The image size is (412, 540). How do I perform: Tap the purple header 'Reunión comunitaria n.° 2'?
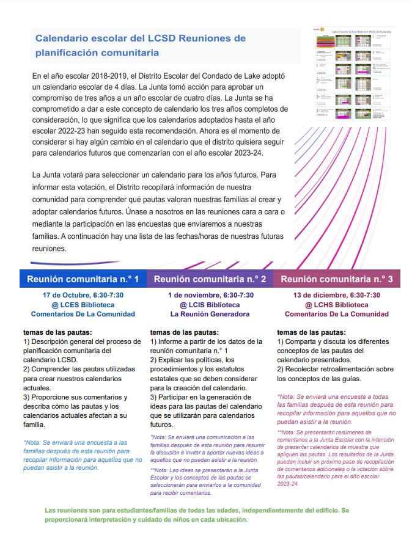pos(210,279)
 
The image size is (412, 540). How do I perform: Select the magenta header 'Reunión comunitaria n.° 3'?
pos(336,279)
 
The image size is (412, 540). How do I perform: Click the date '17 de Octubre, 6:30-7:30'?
pos(83,295)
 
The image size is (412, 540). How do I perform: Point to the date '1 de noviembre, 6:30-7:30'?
pos(210,295)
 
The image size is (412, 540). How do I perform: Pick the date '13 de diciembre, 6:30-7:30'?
pos(336,295)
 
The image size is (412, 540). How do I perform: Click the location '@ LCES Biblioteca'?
pos(83,304)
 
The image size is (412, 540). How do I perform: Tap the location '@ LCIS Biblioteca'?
pos(210,305)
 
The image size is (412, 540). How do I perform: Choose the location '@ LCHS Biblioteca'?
pos(336,305)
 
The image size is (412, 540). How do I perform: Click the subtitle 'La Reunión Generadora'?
pos(210,315)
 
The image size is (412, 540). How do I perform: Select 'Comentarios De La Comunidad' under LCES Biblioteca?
pos(83,314)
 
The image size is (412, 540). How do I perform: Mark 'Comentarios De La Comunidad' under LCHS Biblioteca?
pos(336,315)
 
